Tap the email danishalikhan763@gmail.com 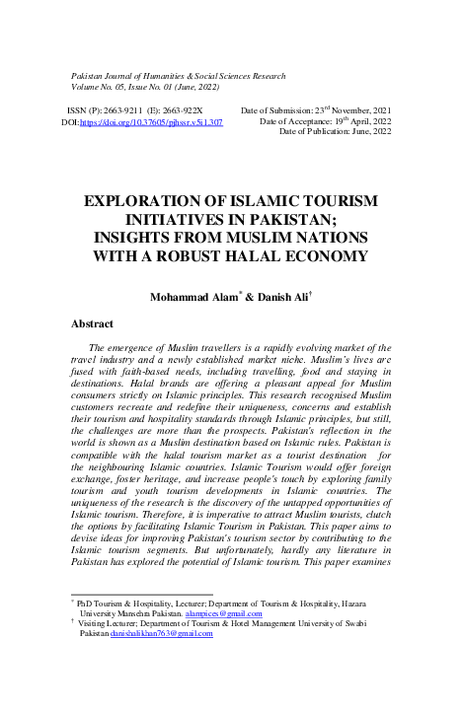pos(162,633)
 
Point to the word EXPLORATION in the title pos(149,201)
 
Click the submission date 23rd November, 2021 pos(357,109)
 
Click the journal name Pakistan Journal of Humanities pos(138,75)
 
